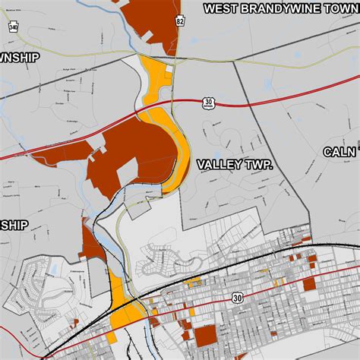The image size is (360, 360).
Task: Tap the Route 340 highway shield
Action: pos(14,28)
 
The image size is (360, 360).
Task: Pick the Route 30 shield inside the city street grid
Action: pos(238,298)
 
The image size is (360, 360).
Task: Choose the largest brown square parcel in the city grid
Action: pos(205,337)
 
